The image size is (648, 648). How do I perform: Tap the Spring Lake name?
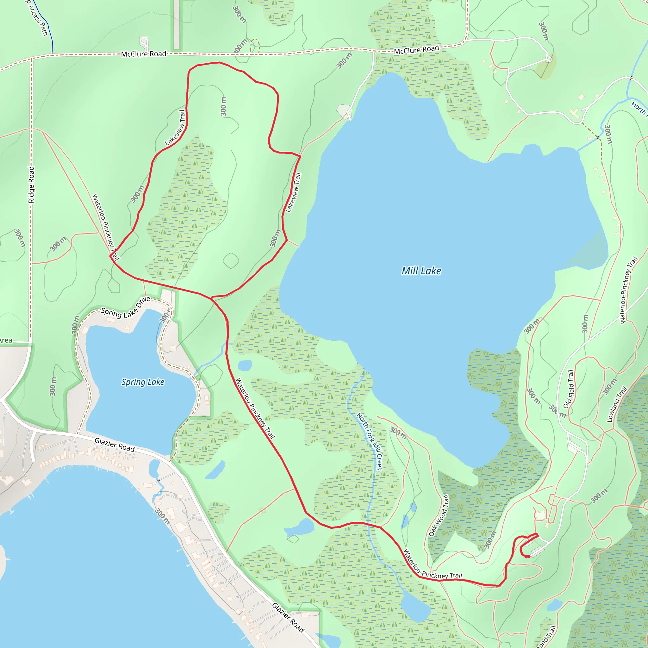[143, 382]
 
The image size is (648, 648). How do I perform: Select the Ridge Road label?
[31, 184]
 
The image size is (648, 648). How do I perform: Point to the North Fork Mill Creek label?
[369, 441]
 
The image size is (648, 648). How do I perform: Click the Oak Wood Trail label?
[439, 515]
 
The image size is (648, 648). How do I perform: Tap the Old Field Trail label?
[569, 389]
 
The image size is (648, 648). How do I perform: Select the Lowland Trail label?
[617, 404]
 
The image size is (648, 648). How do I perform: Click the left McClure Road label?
[144, 54]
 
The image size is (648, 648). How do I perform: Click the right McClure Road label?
[416, 50]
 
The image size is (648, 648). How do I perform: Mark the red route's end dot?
[528, 557]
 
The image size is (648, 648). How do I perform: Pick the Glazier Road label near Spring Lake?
[115, 445]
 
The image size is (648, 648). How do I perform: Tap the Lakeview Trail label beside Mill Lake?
[293, 192]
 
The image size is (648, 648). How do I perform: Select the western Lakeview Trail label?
[175, 128]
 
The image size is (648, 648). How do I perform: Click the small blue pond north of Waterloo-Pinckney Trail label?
[245, 365]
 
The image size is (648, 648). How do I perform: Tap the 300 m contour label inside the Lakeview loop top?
[223, 106]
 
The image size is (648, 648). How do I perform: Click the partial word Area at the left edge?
[6, 340]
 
